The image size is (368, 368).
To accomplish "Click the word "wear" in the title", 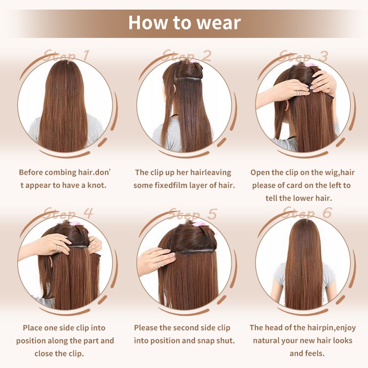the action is (218, 23).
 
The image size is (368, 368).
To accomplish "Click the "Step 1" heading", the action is (66, 56).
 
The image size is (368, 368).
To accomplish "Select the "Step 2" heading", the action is (187, 56).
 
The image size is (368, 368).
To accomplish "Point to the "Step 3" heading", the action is (303, 56).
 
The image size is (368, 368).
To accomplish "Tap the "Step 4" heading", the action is (68, 213).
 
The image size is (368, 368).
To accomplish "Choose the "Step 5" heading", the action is (192, 213).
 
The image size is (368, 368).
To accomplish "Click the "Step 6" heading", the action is (307, 213).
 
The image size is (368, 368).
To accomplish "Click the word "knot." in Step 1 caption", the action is (97, 185).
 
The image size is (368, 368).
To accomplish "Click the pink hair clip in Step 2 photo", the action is (193, 62).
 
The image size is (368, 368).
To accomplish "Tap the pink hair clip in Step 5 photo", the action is (200, 224).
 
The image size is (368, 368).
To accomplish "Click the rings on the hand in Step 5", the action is (160, 264).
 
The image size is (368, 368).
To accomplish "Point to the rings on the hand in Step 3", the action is (298, 93).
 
